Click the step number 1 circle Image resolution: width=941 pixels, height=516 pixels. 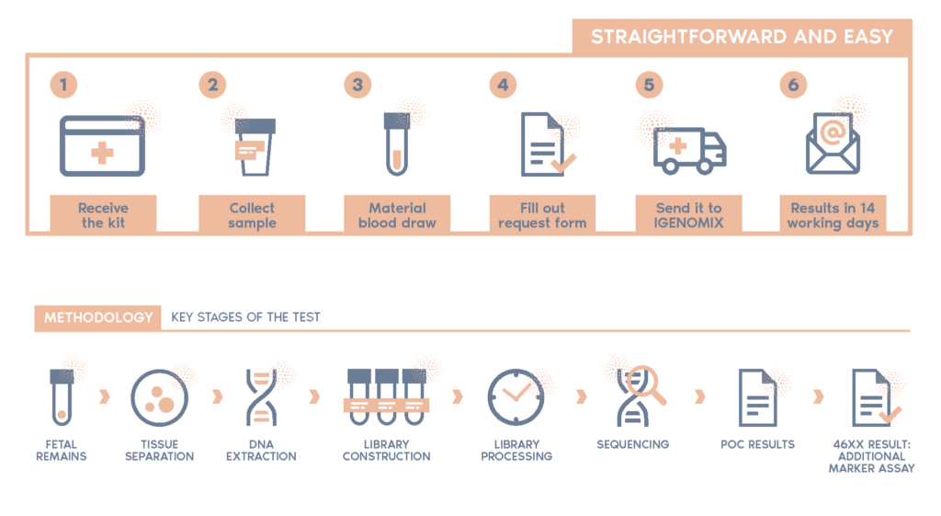pyautogui.click(x=63, y=86)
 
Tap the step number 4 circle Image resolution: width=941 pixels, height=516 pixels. pyautogui.click(x=502, y=86)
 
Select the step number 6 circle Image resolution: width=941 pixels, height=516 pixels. pyautogui.click(x=793, y=86)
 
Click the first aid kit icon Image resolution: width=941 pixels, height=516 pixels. pyautogui.click(x=102, y=146)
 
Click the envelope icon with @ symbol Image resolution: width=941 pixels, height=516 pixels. pyautogui.click(x=833, y=144)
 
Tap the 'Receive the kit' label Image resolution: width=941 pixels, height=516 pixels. pyautogui.click(x=103, y=215)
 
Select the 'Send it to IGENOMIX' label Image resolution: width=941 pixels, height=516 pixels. pyautogui.click(x=688, y=215)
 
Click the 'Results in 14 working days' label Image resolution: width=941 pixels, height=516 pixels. pyautogui.click(x=833, y=215)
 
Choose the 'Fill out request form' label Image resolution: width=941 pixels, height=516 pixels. pyautogui.click(x=542, y=215)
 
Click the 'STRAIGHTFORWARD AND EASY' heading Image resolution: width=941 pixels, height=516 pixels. pyautogui.click(x=742, y=37)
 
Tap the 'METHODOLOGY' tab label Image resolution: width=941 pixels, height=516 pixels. pyautogui.click(x=98, y=317)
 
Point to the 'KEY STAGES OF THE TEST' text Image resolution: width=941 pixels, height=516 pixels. pyautogui.click(x=245, y=317)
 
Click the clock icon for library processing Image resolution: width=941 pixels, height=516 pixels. pyautogui.click(x=515, y=396)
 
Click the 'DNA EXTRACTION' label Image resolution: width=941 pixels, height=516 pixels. pyautogui.click(x=261, y=450)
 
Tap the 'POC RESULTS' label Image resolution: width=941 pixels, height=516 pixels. pyautogui.click(x=757, y=444)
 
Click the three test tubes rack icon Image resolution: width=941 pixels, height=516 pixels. pyautogui.click(x=386, y=396)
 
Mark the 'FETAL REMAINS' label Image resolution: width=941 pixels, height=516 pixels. pyautogui.click(x=62, y=450)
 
